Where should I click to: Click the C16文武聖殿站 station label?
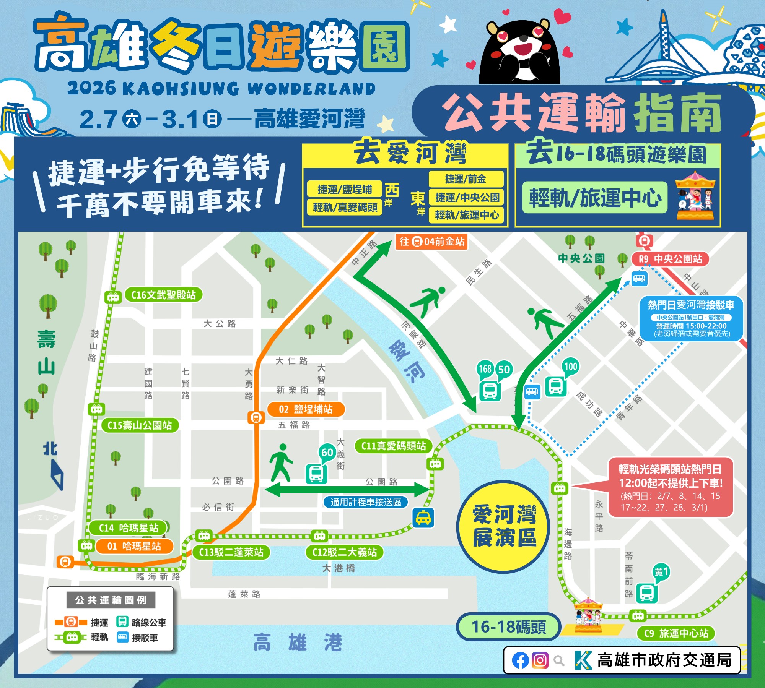pos(163,295)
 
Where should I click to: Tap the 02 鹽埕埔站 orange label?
pos(306,409)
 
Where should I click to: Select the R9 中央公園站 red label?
pos(670,259)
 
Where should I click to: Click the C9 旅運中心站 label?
pos(676,633)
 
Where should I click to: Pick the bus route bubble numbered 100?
pos(570,367)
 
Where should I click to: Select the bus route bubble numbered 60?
pos(327,453)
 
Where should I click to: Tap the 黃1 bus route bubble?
pos(661,572)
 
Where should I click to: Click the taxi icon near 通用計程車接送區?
pos(423,518)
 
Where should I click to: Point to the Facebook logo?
pos(520,660)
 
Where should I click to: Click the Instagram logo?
pos(540,660)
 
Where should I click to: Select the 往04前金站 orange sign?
pos(431,242)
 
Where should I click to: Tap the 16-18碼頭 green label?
pos(508,627)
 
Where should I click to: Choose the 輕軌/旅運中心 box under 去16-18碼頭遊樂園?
pos(595,198)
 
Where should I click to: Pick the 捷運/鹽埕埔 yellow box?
pos(344,189)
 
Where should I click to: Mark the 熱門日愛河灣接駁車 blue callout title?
pos(691,305)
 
